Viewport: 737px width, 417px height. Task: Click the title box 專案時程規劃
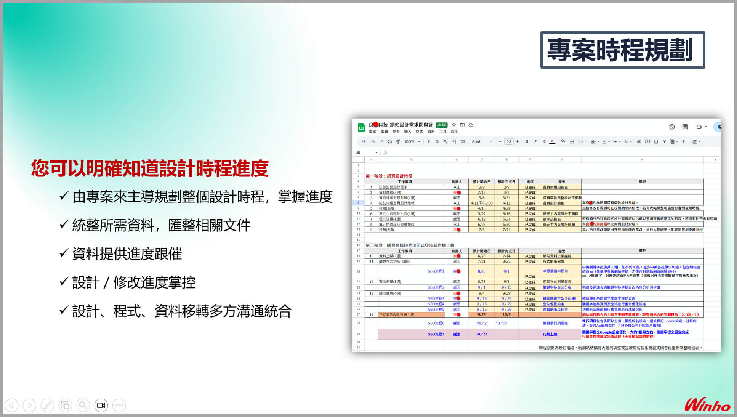point(622,50)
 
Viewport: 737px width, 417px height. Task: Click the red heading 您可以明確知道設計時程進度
point(150,168)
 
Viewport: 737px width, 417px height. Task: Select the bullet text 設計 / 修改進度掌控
point(134,282)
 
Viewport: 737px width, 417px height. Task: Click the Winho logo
point(707,405)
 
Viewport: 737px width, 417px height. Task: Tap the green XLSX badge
point(442,125)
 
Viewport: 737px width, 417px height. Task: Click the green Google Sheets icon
point(361,128)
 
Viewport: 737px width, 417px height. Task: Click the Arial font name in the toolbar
point(476,141)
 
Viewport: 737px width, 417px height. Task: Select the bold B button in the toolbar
point(527,141)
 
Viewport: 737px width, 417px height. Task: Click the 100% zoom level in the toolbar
point(409,141)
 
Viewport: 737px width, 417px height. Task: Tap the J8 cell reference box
point(359,152)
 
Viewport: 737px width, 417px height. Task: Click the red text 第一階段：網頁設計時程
point(389,176)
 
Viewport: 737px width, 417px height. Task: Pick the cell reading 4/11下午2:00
point(481,203)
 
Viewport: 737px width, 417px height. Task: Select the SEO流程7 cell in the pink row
point(436,334)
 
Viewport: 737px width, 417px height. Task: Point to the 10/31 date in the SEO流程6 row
point(501,323)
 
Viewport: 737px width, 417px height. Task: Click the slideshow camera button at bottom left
point(101,405)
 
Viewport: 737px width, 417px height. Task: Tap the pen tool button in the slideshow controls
point(47,405)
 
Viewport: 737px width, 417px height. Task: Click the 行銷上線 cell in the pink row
point(550,334)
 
